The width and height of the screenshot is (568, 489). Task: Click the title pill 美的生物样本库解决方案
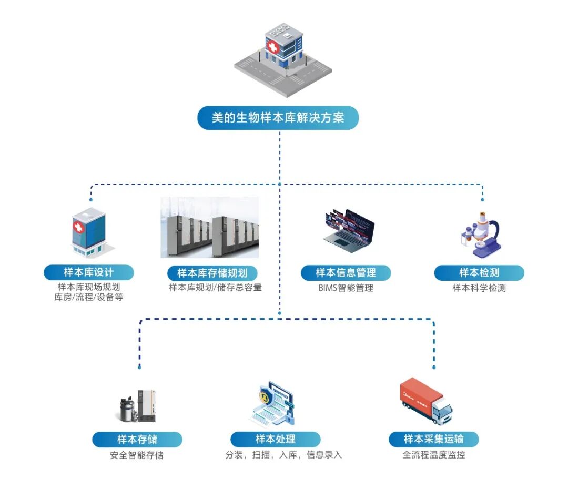click(x=278, y=118)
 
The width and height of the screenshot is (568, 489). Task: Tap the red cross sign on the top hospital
click(x=272, y=47)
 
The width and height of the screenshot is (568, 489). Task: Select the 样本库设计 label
click(x=88, y=272)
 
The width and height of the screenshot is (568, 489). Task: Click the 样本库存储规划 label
click(x=212, y=273)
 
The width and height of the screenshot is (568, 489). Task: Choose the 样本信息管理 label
click(x=346, y=272)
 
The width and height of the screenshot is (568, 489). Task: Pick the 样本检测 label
click(x=479, y=272)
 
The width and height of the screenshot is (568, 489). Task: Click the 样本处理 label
click(x=275, y=439)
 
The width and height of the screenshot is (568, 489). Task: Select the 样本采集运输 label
click(x=433, y=439)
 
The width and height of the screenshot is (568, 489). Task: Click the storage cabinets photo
click(x=209, y=227)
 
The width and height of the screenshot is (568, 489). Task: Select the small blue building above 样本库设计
click(x=88, y=232)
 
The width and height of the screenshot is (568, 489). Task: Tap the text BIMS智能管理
click(x=346, y=288)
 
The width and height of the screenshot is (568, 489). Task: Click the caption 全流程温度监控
click(x=433, y=455)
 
